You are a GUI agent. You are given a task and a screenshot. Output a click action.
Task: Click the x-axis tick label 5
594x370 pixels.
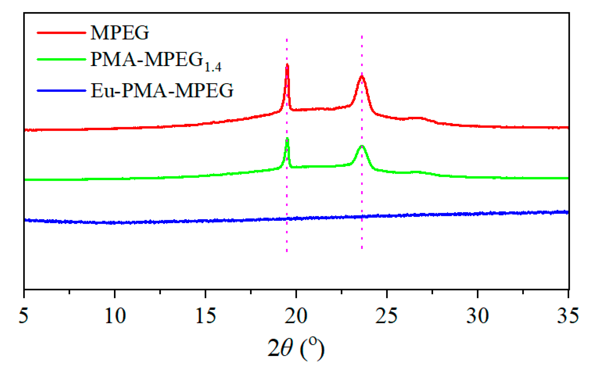coord(24,316)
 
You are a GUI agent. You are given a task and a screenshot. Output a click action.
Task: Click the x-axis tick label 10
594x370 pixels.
coord(115,316)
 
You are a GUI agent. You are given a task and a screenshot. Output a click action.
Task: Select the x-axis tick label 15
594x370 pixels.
coord(206,316)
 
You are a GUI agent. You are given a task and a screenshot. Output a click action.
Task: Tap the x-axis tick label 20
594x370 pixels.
coord(296,316)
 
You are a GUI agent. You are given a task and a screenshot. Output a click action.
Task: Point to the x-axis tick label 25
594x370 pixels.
coord(387,316)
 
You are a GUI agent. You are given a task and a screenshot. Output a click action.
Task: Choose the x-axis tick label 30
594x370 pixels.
coord(478,316)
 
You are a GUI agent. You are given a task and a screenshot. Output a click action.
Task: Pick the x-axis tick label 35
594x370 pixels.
coord(568,316)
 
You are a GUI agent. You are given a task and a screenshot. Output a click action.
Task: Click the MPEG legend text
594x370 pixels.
coord(120,32)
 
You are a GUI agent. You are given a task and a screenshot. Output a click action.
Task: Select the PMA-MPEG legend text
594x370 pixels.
coord(156,61)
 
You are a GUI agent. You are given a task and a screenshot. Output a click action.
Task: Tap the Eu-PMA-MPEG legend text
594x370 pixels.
coord(162,90)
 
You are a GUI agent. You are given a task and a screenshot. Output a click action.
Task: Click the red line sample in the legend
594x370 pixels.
coord(62,32)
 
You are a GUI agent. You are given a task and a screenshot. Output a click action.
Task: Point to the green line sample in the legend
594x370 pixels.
coord(62,59)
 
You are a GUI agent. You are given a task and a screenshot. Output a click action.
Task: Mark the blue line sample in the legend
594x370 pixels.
coord(62,91)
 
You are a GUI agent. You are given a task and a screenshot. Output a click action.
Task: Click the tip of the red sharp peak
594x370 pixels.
coord(287,65)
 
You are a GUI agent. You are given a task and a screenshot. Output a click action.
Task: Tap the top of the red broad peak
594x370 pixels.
coord(362,76)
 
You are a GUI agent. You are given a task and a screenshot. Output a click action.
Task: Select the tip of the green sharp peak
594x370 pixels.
coord(287,139)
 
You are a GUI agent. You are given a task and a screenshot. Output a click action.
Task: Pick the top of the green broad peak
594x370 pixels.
coord(362,146)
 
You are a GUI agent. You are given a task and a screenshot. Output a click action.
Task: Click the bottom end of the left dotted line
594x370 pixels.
coord(287,251)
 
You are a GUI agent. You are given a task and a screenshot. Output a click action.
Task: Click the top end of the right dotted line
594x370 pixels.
coord(362,36)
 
